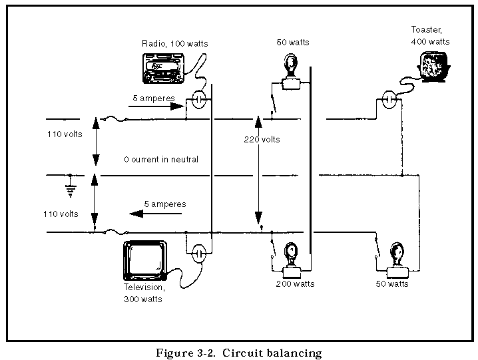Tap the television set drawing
145,261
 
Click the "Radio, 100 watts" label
174,44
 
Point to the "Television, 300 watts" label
144,293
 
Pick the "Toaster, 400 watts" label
430,36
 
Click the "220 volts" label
262,140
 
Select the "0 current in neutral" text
160,160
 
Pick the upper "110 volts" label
65,134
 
